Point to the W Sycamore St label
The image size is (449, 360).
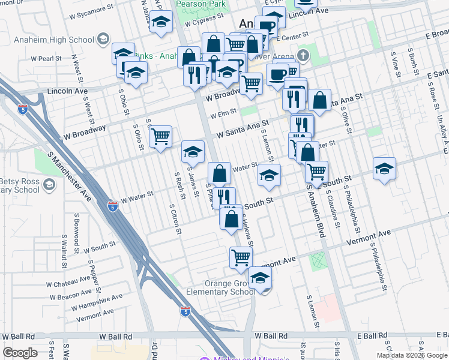[92, 11]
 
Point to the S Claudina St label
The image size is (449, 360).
[333, 211]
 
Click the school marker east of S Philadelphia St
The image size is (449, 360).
[384, 168]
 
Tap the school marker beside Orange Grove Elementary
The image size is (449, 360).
[260, 278]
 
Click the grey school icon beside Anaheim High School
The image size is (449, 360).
[103, 40]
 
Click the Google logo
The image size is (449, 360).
[20, 353]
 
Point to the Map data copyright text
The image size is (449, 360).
[412, 355]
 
